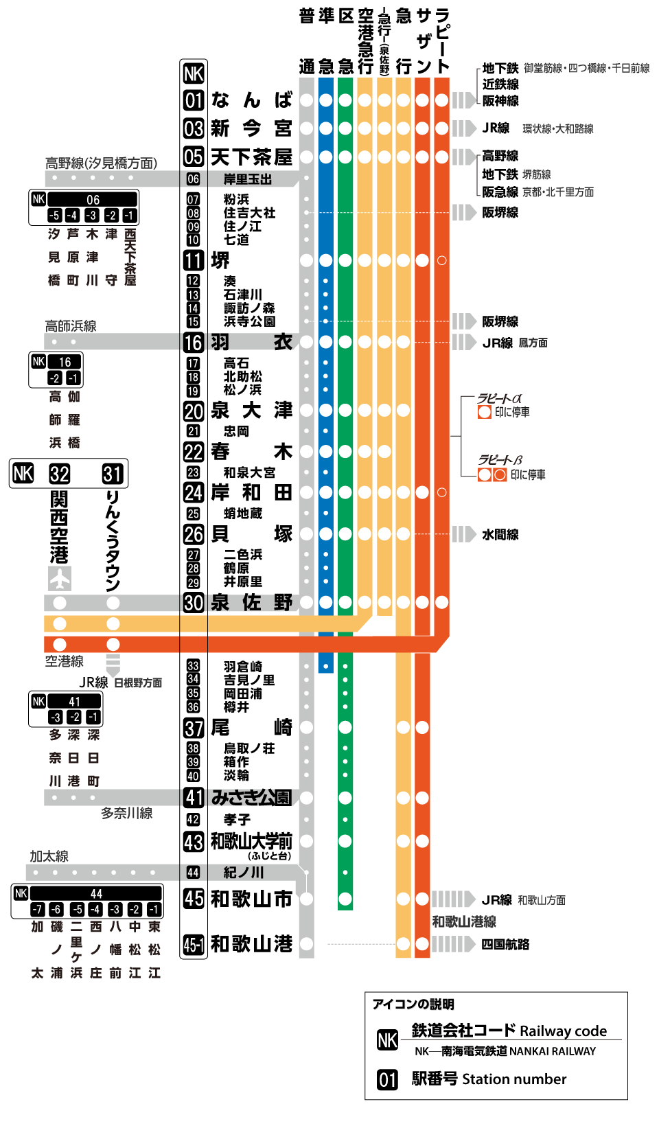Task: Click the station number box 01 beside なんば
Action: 194,100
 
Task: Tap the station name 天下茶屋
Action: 251,157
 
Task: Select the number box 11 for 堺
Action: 194,261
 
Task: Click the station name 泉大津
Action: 251,411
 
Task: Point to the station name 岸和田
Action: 251,493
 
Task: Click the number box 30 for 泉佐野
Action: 194,603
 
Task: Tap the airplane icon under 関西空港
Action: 60,579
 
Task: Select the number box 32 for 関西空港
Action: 60,474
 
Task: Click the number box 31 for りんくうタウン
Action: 113,474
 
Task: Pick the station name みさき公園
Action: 251,798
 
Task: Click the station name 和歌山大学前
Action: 251,841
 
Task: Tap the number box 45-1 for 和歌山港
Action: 194,945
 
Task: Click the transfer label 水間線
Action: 500,535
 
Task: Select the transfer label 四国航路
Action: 505,945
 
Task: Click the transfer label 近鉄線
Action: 500,84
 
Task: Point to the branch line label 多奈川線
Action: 127,814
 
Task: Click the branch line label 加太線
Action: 49,856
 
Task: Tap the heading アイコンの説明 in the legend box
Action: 413,1004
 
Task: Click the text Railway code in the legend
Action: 563,1031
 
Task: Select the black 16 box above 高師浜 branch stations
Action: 65,362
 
